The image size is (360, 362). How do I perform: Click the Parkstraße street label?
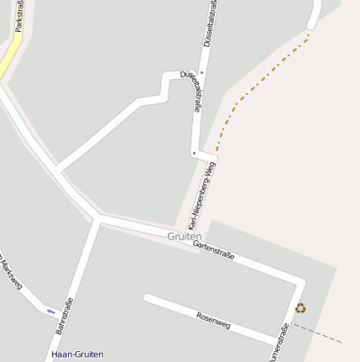coord(18,17)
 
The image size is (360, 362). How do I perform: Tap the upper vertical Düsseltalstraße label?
coord(207,24)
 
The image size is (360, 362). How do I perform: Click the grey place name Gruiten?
coord(184,237)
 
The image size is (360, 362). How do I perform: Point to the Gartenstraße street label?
coord(213,249)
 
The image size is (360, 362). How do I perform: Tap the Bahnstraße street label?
coord(64,316)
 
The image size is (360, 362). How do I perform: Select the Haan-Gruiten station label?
coord(77,354)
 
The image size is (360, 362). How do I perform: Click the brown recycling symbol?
coord(300,308)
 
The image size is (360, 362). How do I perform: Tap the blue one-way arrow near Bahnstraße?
coord(51,311)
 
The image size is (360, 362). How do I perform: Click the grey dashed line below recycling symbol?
coord(319,334)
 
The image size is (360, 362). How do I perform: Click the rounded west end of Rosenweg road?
coord(148,297)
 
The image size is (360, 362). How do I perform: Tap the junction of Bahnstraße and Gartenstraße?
coord(97,219)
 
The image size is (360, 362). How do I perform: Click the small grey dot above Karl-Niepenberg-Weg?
coord(194,154)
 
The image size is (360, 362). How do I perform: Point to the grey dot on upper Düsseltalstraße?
coord(201,73)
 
